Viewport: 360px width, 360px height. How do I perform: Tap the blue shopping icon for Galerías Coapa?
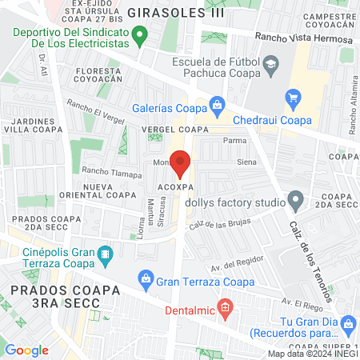[216, 104]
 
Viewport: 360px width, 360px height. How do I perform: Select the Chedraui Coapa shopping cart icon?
[293, 98]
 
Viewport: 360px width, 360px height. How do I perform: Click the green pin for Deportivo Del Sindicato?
[141, 36]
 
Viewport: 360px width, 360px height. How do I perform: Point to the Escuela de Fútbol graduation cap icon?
[270, 63]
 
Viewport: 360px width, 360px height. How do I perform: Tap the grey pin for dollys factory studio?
[296, 198]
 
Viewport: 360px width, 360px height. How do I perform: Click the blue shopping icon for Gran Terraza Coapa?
[146, 278]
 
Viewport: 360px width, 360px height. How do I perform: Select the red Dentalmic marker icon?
[226, 307]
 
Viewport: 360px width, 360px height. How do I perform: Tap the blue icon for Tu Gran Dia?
[348, 322]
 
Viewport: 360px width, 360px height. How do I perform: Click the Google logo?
[26, 350]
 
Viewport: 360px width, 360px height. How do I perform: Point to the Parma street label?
[234, 140]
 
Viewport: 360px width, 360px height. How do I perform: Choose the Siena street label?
[246, 162]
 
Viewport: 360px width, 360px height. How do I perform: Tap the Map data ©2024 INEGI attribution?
[313, 353]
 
